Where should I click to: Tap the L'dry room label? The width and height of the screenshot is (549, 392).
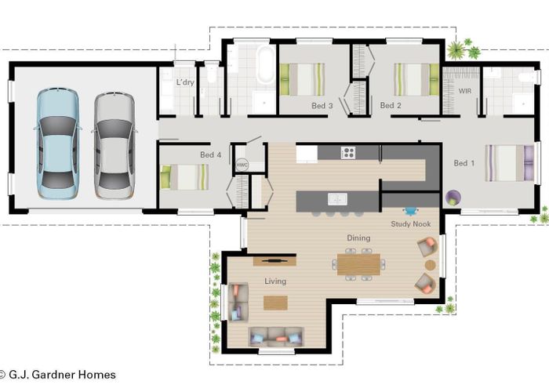tap(184, 82)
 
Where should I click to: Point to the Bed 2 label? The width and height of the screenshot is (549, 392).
tap(391, 105)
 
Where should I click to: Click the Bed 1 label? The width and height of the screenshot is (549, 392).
tap(465, 163)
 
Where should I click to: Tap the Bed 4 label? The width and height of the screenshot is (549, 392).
tap(211, 155)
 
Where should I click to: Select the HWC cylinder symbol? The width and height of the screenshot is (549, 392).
tap(242, 165)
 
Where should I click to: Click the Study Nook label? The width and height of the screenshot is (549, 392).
tap(411, 223)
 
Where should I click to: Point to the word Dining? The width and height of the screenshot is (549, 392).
tap(358, 237)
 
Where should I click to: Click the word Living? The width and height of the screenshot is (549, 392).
tap(274, 281)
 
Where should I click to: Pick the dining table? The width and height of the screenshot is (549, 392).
tap(358, 264)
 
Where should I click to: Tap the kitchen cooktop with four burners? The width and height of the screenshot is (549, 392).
tap(348, 153)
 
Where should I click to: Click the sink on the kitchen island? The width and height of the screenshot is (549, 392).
tap(337, 199)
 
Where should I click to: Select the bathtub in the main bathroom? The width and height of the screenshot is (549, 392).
tap(265, 66)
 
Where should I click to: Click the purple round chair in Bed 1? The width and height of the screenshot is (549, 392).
tap(453, 198)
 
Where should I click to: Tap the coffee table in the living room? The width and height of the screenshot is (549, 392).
tap(275, 303)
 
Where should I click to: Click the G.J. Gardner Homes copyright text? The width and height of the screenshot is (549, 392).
tap(59, 375)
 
